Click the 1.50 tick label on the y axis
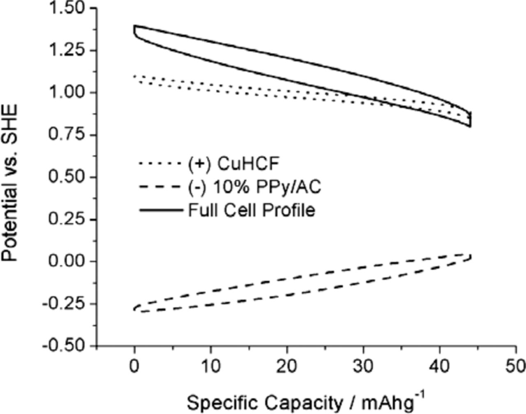point(68,8)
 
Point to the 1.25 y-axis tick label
point(68,51)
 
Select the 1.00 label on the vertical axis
point(68,93)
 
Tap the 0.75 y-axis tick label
point(68,135)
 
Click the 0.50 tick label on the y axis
point(68,177)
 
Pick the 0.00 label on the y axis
point(68,262)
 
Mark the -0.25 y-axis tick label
point(65,304)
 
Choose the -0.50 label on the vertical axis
point(65,346)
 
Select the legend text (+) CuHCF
point(233,164)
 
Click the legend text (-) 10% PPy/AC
point(254,187)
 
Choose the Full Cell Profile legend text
point(251,210)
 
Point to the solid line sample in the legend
point(160,211)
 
